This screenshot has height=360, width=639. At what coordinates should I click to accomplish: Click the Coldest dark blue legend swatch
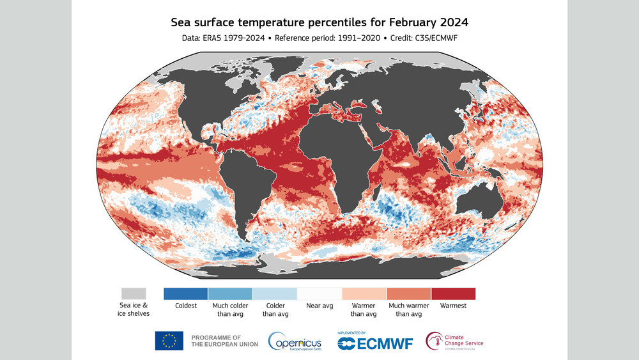186,293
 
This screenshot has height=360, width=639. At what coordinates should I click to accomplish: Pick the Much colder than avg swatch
230,293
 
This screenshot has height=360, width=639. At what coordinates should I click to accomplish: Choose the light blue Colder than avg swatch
275,293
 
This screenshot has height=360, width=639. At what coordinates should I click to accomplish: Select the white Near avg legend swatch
319,293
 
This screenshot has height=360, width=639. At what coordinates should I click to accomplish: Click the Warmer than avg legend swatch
364,293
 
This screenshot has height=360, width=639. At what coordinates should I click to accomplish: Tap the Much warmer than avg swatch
409,293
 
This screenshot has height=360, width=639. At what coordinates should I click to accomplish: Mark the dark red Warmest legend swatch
453,293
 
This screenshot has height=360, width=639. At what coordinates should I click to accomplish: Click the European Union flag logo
169,341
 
